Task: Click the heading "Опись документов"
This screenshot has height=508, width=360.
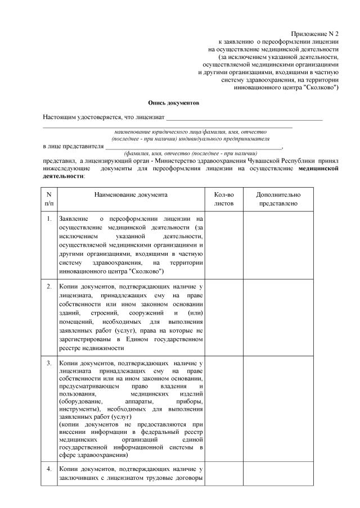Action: click(x=173, y=103)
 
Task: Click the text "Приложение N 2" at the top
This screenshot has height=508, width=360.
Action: click(x=314, y=34)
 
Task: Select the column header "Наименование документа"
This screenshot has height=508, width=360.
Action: click(x=130, y=194)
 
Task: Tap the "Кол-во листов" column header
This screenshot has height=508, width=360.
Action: click(x=223, y=198)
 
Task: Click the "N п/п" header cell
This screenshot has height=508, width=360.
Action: click(x=49, y=198)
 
